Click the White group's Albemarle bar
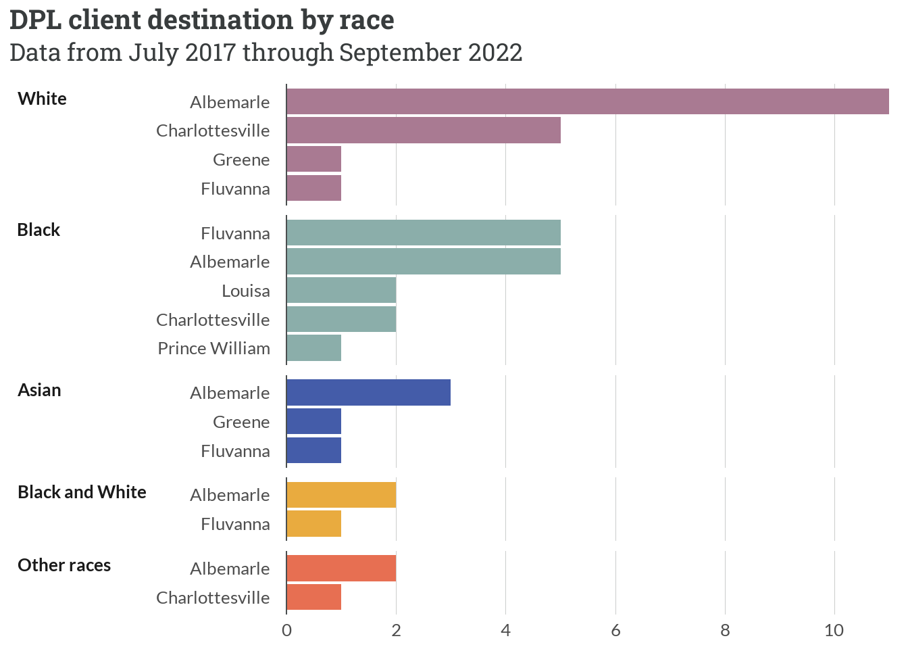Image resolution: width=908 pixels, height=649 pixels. click(588, 101)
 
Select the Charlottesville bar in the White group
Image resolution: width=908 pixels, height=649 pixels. click(424, 130)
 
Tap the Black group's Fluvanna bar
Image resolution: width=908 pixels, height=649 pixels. click(424, 233)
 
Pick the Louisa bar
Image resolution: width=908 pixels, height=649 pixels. click(341, 290)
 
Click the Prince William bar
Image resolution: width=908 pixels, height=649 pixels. click(314, 348)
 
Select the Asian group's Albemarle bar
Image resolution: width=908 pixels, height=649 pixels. click(369, 393)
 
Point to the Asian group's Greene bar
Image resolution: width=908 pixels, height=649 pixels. click(314, 421)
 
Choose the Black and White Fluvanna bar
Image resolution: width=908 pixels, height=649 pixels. click(314, 524)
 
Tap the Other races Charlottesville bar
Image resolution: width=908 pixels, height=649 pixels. click(314, 597)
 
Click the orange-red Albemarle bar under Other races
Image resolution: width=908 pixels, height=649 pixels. click(341, 568)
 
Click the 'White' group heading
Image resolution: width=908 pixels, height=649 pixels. click(43, 99)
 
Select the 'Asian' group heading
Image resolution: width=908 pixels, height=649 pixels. click(39, 390)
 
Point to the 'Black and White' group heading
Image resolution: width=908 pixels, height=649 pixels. click(82, 492)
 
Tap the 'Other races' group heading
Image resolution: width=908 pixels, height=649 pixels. click(64, 565)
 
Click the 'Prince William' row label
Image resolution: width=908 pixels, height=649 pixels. click(213, 348)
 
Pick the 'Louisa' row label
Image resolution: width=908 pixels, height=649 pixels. click(246, 291)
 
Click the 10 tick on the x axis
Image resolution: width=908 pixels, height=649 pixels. click(834, 631)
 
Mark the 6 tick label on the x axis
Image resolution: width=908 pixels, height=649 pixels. click(615, 631)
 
